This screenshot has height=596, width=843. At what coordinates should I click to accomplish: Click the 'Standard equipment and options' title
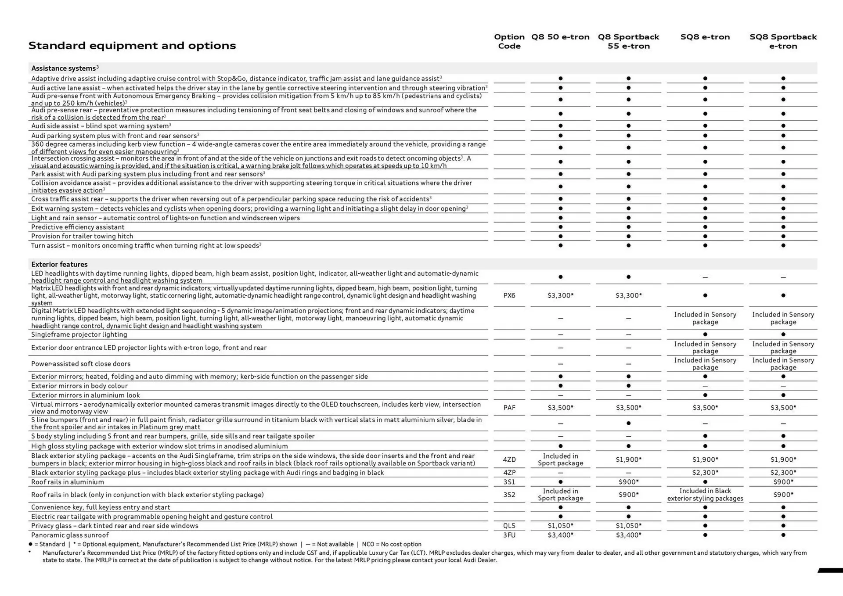tap(132, 46)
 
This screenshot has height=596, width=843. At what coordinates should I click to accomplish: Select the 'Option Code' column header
tap(509, 41)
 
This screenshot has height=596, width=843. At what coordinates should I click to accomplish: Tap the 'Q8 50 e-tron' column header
tap(560, 37)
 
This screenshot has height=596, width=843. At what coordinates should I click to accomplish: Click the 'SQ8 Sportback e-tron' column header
tap(783, 41)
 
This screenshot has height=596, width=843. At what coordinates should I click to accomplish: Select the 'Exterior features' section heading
tap(59, 264)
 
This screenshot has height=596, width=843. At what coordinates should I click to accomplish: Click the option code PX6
tap(509, 295)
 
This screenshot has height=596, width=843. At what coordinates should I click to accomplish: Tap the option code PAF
tap(509, 408)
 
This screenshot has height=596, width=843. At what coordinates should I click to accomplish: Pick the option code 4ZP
tap(509, 473)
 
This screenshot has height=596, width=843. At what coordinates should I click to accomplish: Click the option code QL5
tap(509, 526)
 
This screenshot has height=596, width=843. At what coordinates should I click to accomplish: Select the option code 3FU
tap(509, 535)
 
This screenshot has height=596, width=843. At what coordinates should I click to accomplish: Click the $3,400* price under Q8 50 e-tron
tap(560, 535)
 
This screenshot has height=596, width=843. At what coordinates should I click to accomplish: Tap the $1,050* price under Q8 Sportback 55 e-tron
tap(628, 526)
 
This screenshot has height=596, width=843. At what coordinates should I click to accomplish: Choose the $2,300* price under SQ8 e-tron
tap(705, 473)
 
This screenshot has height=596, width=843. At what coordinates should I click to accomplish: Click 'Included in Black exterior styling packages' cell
tap(705, 495)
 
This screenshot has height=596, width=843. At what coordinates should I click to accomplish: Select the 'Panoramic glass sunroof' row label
tap(70, 535)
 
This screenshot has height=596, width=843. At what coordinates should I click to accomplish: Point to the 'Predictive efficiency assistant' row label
tap(78, 227)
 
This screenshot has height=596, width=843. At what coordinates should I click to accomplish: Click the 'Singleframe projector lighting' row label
tap(79, 334)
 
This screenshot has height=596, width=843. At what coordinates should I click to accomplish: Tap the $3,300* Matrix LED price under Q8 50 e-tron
tap(560, 295)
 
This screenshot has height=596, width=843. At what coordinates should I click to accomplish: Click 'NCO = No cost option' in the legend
tap(392, 544)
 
